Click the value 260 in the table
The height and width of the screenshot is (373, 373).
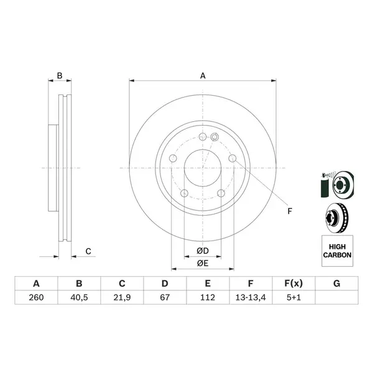[36, 297]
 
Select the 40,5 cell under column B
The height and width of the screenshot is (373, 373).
[79, 297]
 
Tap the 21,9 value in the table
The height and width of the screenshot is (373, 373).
[122, 297]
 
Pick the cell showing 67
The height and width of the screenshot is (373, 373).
[165, 297]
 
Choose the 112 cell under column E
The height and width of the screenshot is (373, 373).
[208, 297]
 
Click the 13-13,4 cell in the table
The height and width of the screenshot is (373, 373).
[251, 297]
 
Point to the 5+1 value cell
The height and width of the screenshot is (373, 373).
[293, 297]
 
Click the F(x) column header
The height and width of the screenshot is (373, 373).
[293, 283]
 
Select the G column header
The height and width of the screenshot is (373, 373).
[336, 283]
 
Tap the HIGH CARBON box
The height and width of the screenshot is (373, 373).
[337, 251]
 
